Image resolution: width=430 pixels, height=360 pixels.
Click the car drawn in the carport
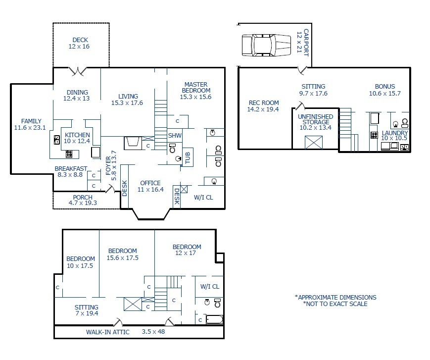pos(266,45)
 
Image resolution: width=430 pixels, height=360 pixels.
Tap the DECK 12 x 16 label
pos(79,43)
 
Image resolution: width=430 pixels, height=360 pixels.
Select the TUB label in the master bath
pos(188,157)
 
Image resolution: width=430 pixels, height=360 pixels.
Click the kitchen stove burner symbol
pos(69,154)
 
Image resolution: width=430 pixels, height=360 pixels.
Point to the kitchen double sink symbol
pos(57,140)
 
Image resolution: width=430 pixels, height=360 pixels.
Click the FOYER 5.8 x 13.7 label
pos(111,165)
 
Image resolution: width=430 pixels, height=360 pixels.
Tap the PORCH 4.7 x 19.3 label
pos(83,200)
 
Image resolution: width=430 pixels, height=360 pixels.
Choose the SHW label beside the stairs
pos(175,135)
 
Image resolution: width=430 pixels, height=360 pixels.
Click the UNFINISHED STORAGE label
pos(315,119)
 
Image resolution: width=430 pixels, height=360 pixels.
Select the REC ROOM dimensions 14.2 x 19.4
pos(263,109)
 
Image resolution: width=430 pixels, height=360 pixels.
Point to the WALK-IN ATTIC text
pos(108,332)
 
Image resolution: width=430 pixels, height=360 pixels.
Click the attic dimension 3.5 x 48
pos(153,331)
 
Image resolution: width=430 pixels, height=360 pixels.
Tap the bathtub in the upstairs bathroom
pos(214,320)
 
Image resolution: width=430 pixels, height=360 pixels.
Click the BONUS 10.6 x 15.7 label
pos(385,90)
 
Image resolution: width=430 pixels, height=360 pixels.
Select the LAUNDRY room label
pos(395,133)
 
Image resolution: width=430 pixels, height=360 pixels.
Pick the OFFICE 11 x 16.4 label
pos(150,186)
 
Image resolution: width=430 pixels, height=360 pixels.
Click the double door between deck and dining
pos(78,71)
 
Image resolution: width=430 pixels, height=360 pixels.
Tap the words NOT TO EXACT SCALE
pos(336,304)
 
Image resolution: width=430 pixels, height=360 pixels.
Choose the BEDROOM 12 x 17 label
pos(187,250)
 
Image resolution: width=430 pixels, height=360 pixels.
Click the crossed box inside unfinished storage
pos(314,143)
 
